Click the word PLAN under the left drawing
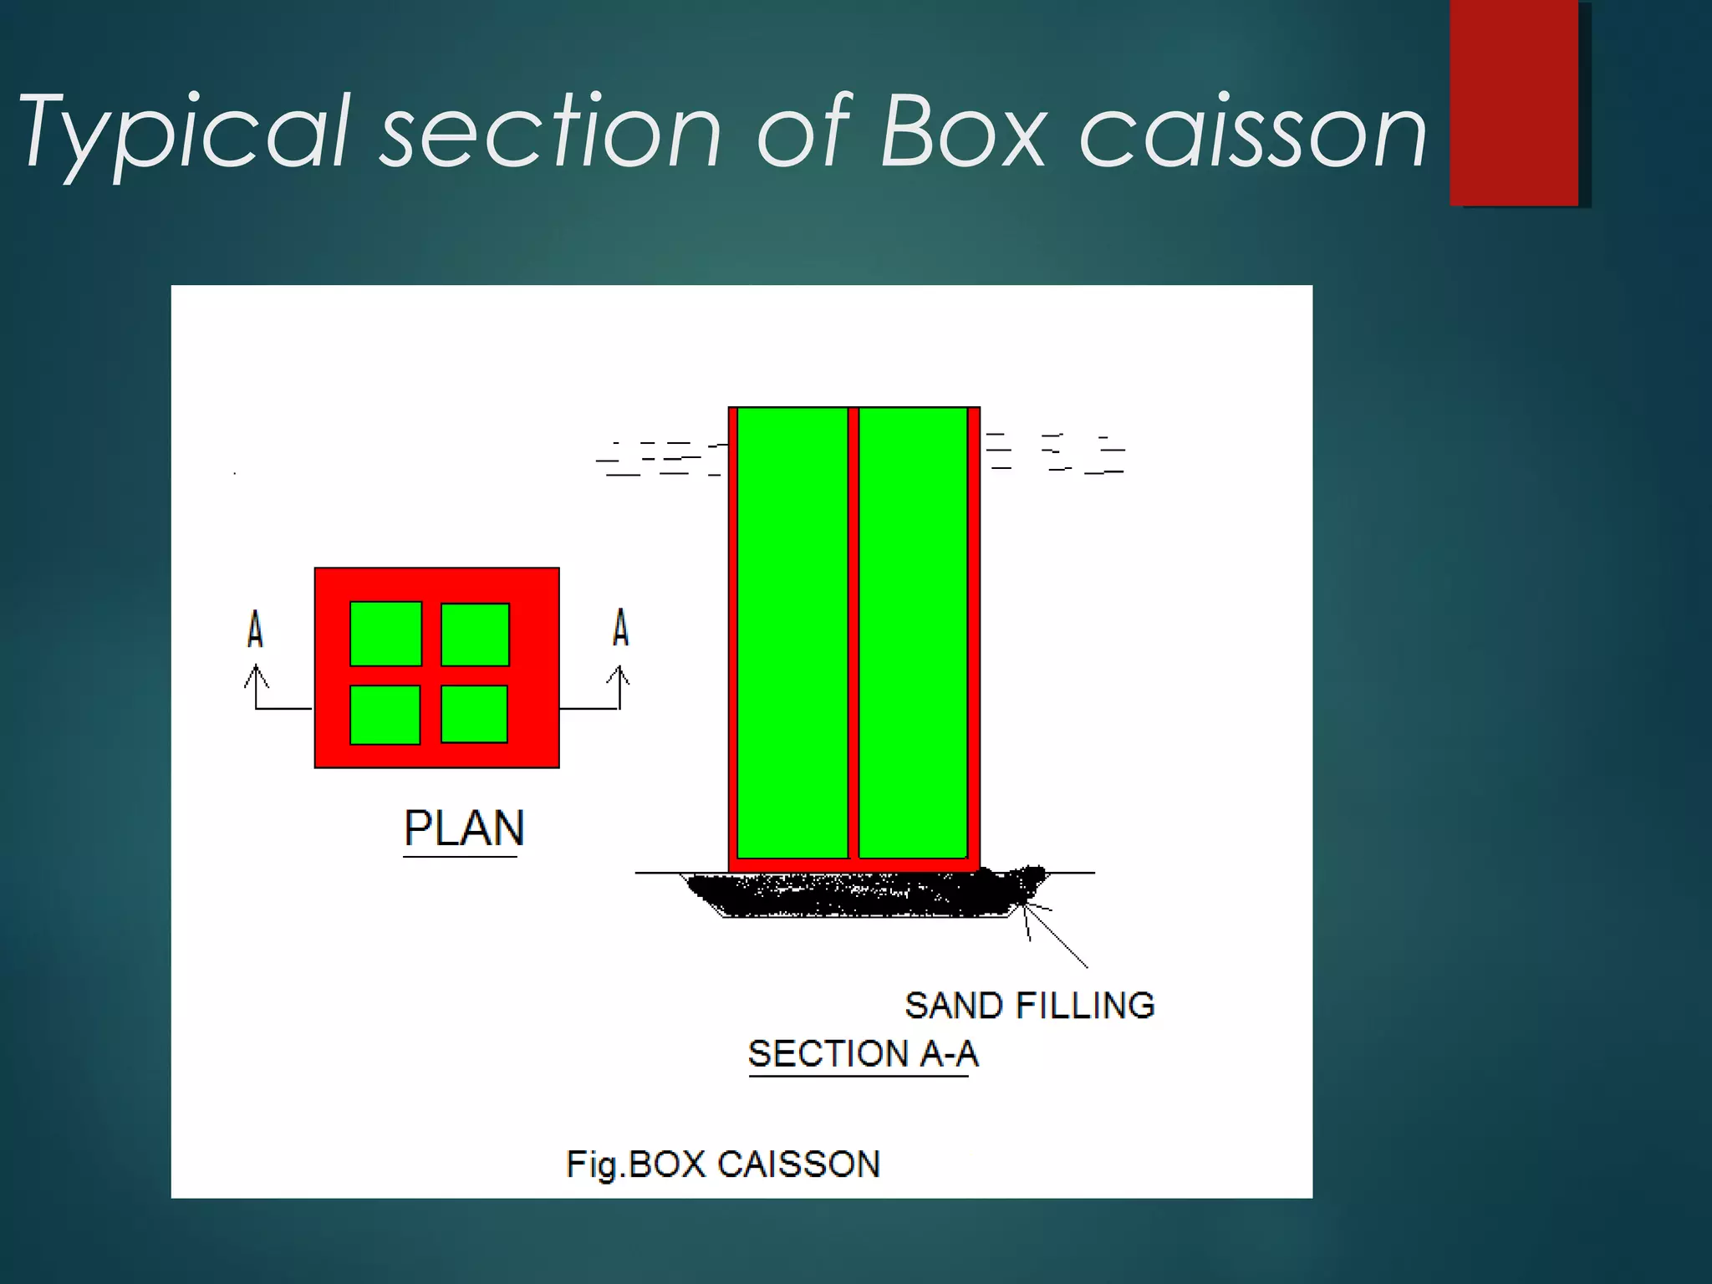pyautogui.click(x=464, y=828)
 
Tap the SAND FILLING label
pyautogui.click(x=1029, y=1006)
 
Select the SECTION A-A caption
pyautogui.click(x=863, y=1053)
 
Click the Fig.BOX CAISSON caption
pyautogui.click(x=723, y=1164)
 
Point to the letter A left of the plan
pyautogui.click(x=255, y=629)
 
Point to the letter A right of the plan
pyautogui.click(x=620, y=628)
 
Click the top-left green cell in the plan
pyautogui.click(x=385, y=634)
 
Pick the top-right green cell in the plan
pyautogui.click(x=475, y=634)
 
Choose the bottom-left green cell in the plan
pyautogui.click(x=385, y=715)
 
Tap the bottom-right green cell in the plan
pyautogui.click(x=474, y=714)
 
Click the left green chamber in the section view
pyautogui.click(x=792, y=633)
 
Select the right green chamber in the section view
pyautogui.click(x=913, y=633)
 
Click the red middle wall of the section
pyautogui.click(x=853, y=633)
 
